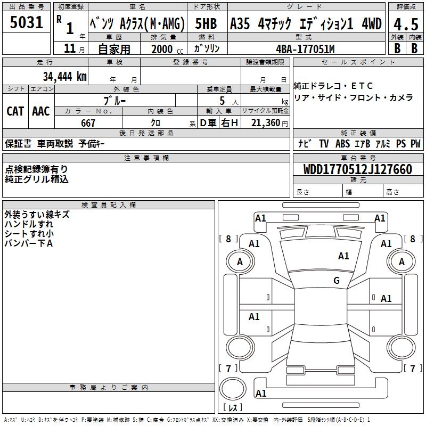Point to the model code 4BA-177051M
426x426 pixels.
click(305, 49)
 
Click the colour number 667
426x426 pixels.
click(88, 124)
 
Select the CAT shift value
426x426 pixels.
click(15, 111)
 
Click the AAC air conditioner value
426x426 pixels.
click(40, 111)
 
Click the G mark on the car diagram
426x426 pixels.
click(337, 281)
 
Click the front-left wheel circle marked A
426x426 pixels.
click(240, 261)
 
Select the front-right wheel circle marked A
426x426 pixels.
click(402, 261)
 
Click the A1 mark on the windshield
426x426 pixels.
click(343, 256)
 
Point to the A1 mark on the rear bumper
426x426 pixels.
click(260, 394)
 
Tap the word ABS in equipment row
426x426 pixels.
click(342, 144)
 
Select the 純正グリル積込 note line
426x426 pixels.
click(37, 179)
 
